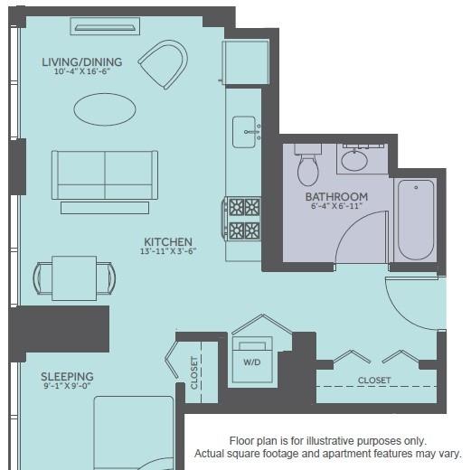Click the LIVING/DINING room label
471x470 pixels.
[82, 62]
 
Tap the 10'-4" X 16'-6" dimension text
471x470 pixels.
[81, 71]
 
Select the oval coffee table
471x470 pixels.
[105, 109]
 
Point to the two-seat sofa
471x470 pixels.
[105, 175]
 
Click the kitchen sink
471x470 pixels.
[245, 132]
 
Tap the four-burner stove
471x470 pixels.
[243, 219]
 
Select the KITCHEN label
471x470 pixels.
[168, 242]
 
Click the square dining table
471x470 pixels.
[74, 278]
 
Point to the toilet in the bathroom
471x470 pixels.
[307, 165]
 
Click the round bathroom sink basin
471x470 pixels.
[354, 160]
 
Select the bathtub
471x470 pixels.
[416, 220]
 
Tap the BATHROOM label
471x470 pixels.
[336, 197]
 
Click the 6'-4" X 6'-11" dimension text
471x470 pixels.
[336, 206]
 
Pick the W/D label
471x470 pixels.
[252, 362]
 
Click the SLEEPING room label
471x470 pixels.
[67, 377]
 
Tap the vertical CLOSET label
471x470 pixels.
[194, 372]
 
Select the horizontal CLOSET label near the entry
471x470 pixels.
[374, 381]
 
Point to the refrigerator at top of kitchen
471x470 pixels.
[246, 62]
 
